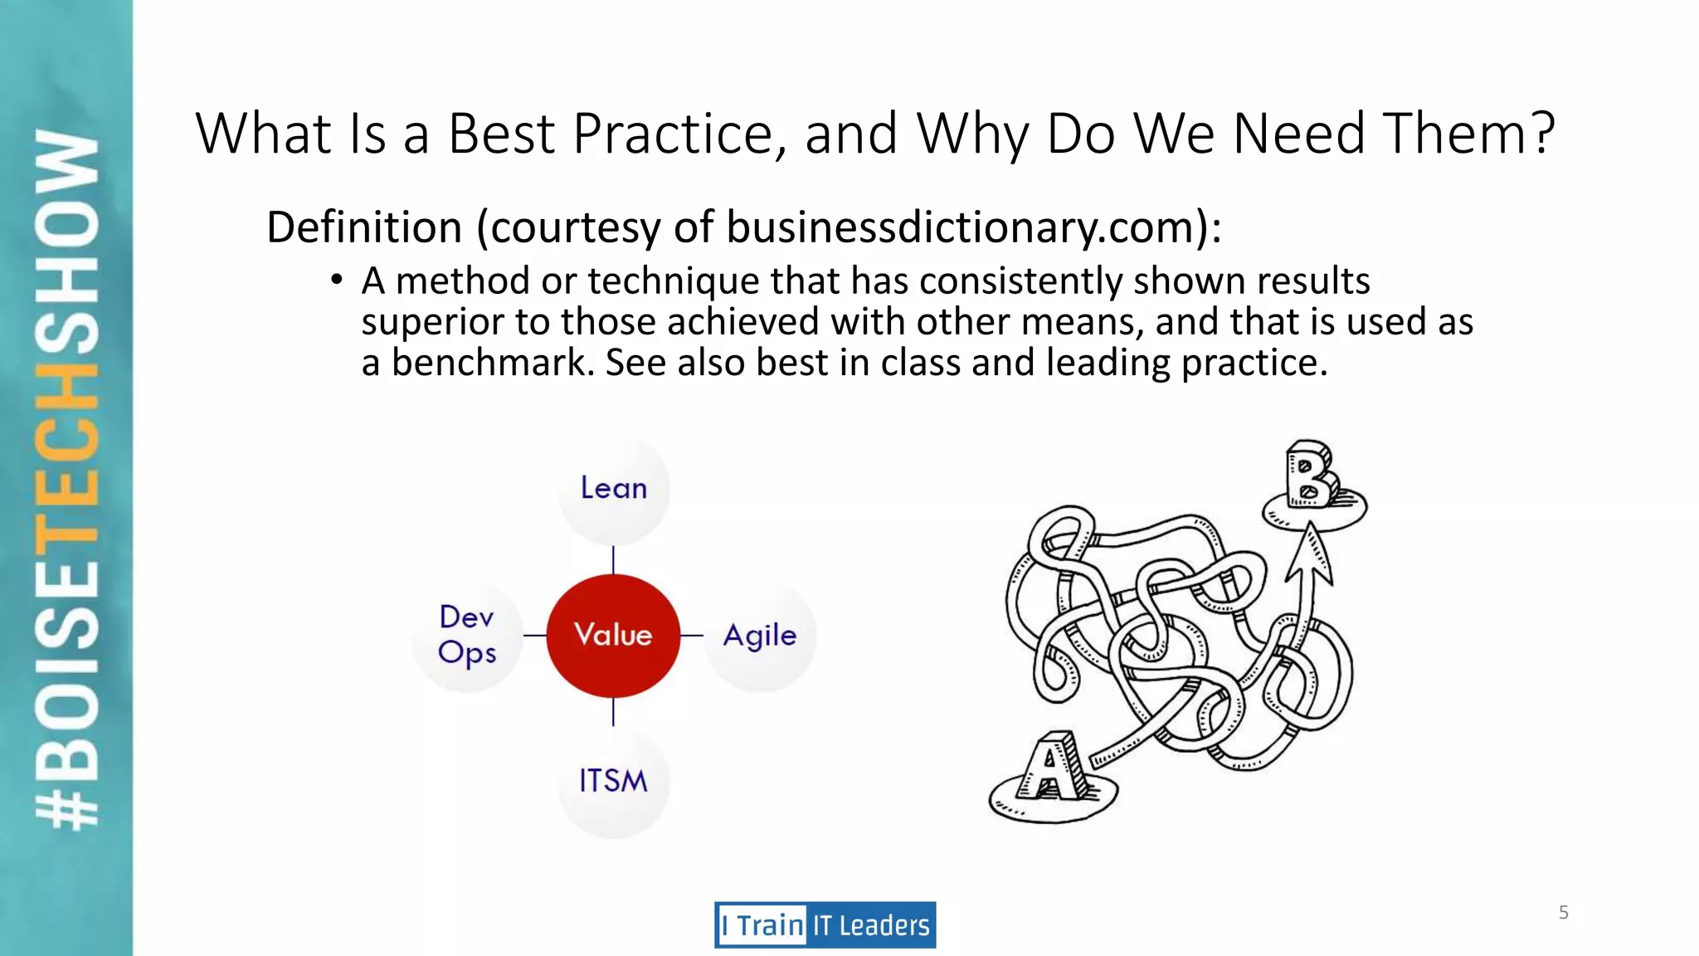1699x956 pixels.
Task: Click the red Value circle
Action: (x=613, y=635)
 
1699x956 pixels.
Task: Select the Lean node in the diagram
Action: (x=613, y=489)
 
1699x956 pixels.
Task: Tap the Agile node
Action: (x=760, y=636)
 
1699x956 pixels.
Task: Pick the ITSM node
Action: (x=613, y=781)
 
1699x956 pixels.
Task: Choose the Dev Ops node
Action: (x=467, y=635)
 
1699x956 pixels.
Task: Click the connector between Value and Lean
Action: (x=613, y=560)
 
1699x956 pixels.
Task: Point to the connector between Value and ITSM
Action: (x=613, y=712)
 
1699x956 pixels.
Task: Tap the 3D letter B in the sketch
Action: (x=1309, y=475)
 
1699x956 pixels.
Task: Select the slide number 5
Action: (x=1563, y=913)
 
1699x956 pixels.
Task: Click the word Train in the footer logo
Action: (x=770, y=925)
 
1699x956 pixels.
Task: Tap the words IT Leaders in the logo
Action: (x=871, y=925)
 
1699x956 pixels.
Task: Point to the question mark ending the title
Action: (x=1542, y=134)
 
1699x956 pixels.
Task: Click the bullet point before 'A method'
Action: (x=336, y=280)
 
